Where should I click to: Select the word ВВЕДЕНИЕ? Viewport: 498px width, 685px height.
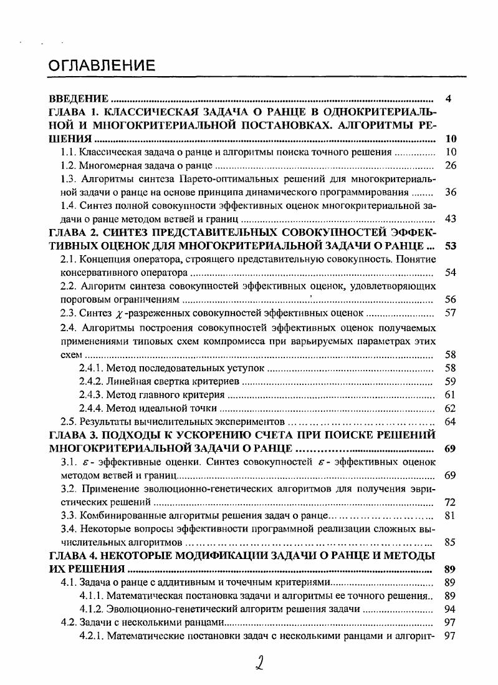tap(80, 99)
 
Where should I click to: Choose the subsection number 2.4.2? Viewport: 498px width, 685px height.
tap(92, 381)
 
